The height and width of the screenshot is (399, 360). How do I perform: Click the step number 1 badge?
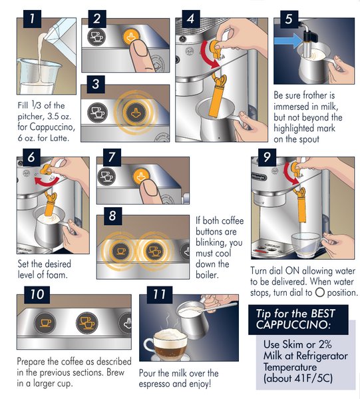click(32, 19)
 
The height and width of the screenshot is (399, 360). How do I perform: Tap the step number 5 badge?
click(289, 19)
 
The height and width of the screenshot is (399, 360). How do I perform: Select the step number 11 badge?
click(160, 294)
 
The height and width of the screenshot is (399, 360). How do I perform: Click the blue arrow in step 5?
click(288, 41)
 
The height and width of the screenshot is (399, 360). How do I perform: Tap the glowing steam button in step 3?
click(136, 113)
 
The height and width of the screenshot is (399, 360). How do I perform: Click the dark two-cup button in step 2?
click(96, 37)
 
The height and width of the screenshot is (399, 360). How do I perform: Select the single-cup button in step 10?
click(45, 323)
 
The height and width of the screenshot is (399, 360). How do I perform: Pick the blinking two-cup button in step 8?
click(153, 251)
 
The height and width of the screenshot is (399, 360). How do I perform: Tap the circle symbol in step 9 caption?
click(320, 292)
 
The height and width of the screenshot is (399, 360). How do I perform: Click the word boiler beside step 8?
click(207, 275)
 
